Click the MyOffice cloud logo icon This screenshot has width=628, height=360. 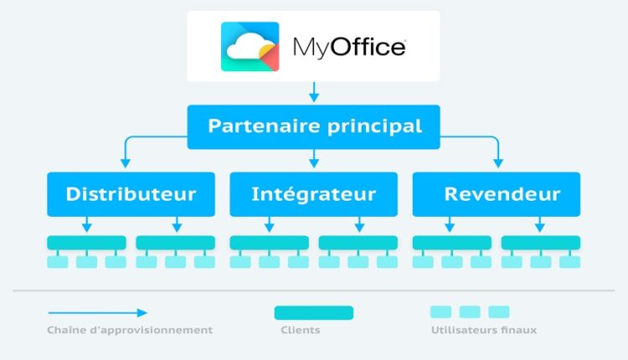click(250, 46)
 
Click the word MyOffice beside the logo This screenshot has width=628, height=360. click(349, 47)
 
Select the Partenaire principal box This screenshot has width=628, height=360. click(314, 126)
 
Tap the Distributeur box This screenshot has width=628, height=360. click(131, 194)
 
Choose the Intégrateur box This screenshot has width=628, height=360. click(314, 194)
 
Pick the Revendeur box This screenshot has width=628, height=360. click(497, 194)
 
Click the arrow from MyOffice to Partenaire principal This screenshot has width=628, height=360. click(314, 91)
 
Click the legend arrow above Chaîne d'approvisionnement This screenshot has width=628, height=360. click(96, 312)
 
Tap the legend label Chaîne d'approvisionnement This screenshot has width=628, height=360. click(130, 330)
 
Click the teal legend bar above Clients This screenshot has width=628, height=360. click(314, 312)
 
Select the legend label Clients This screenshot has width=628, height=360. click(300, 330)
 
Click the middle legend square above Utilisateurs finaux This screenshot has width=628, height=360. click(470, 312)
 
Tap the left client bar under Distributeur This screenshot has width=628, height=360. click(86, 242)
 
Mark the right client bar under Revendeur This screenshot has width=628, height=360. click(541, 242)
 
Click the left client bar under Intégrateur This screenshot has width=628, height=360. click(269, 242)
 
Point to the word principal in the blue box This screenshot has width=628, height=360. click(373, 126)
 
